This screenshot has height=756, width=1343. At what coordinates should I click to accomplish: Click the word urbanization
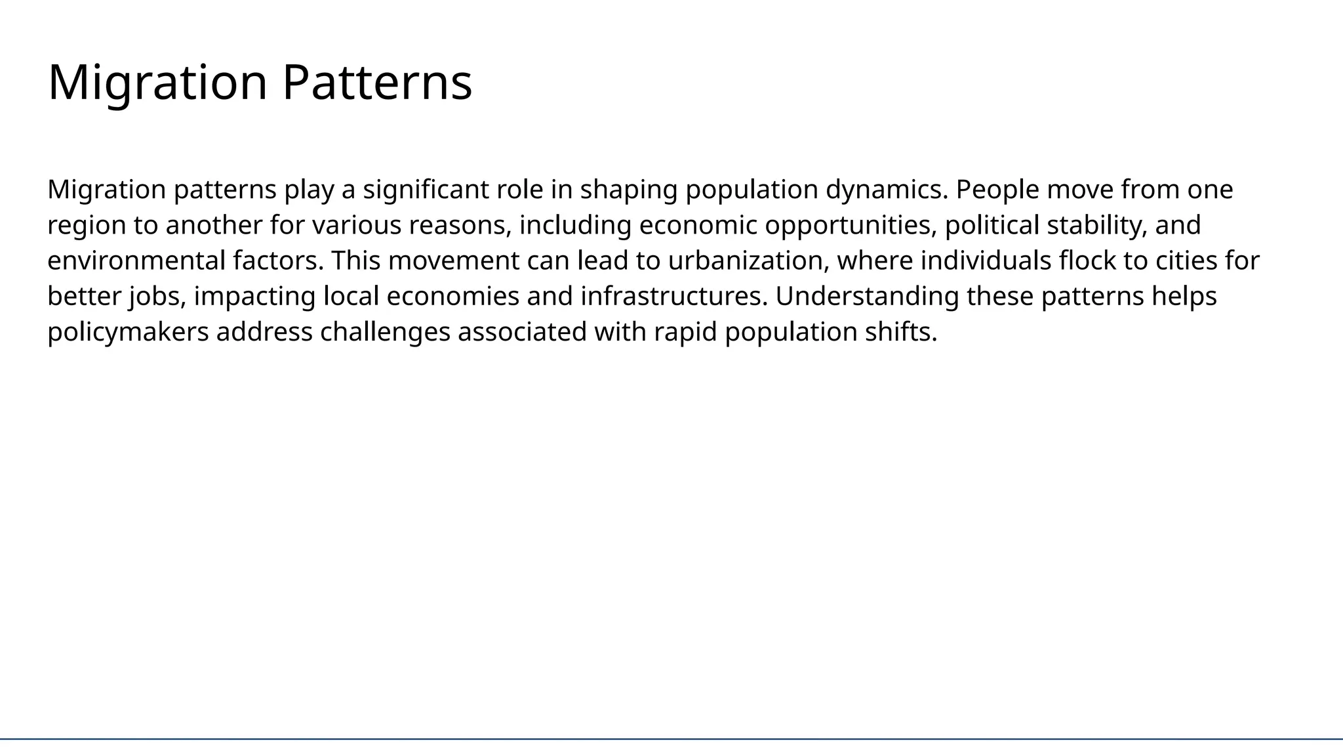pyautogui.click(x=748, y=261)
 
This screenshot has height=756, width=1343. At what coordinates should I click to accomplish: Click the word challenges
pyautogui.click(x=385, y=332)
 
